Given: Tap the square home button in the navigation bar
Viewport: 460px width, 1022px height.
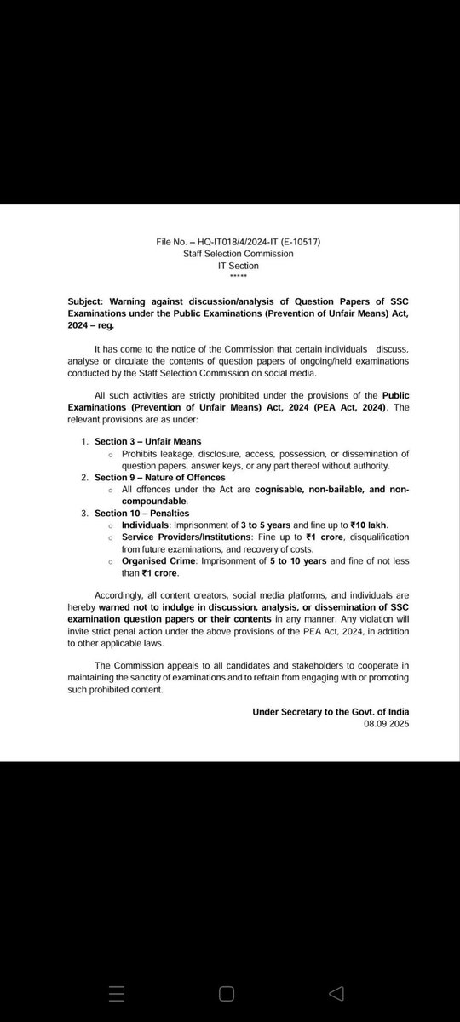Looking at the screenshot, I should pyautogui.click(x=227, y=993).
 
